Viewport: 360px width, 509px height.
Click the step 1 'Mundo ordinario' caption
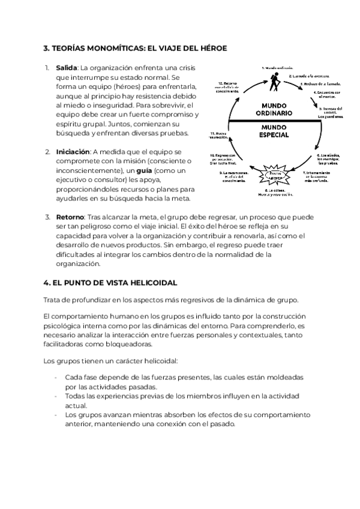277,68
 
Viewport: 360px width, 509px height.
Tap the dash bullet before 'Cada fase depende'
55,377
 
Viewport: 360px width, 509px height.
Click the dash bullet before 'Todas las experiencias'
55,397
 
